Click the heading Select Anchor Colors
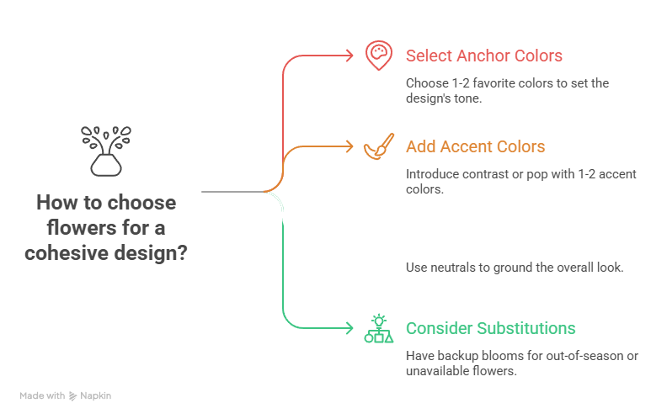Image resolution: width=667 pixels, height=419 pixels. (483, 56)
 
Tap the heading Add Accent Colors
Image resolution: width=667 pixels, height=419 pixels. (475, 146)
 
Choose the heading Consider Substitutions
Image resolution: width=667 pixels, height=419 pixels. (490, 328)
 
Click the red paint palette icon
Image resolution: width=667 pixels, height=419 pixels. (378, 56)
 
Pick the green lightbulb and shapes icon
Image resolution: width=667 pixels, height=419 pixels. (378, 328)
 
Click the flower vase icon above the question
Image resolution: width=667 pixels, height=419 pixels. (105, 151)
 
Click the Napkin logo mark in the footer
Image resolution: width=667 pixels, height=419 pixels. (73, 395)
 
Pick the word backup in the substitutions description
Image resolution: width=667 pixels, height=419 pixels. (454, 356)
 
